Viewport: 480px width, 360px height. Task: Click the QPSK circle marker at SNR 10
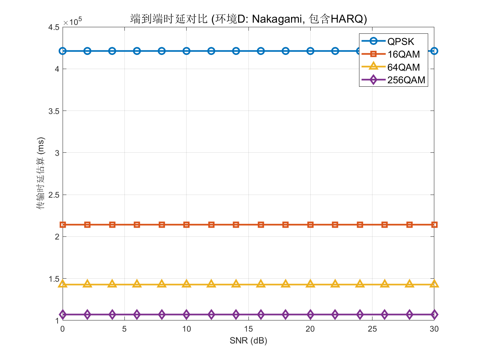click(x=187, y=51)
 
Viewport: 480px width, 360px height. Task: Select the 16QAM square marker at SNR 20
click(x=310, y=225)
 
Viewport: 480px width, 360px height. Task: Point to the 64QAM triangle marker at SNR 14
click(x=236, y=284)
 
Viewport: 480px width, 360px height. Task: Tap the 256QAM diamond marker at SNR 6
click(x=137, y=314)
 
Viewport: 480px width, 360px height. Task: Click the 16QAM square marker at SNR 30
click(x=434, y=225)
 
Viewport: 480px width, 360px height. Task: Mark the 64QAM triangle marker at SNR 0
click(x=63, y=284)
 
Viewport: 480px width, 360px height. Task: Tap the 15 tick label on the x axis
click(x=248, y=329)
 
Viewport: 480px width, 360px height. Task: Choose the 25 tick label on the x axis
click(x=372, y=329)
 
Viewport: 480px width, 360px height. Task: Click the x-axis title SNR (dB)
click(x=248, y=340)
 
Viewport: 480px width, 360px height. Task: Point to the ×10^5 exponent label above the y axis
click(x=73, y=22)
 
